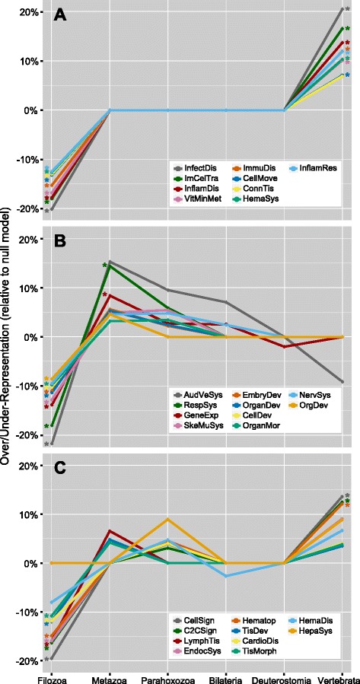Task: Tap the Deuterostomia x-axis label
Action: click(x=284, y=676)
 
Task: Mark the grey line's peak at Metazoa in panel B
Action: click(x=110, y=261)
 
